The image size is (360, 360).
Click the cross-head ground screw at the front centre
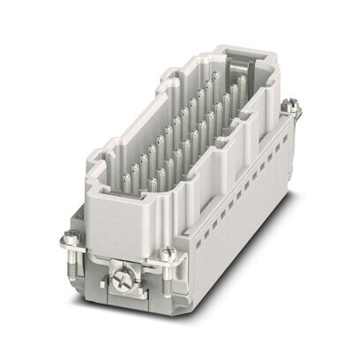click(120, 283)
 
